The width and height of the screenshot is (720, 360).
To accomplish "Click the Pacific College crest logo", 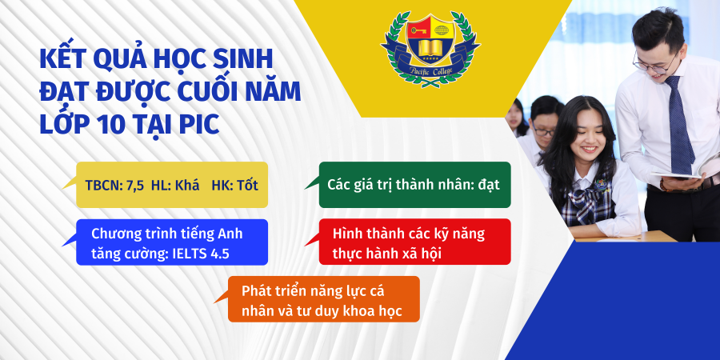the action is pos(430,49).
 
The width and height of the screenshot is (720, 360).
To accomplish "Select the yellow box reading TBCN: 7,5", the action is pos(172,185).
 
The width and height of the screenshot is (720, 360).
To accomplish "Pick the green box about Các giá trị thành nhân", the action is pos(414,185).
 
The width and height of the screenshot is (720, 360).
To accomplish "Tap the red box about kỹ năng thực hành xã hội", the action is pos(414,242).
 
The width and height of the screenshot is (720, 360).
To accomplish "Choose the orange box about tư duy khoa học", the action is pos(324,299).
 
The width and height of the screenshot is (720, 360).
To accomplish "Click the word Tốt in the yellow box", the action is pos(247,186).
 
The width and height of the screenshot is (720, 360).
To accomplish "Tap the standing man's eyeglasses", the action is pos(654,64).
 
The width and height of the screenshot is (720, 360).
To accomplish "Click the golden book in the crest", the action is pos(430,48).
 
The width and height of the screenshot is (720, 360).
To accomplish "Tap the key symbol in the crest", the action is pos(418,30).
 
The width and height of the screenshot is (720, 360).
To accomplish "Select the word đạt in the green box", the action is pos(488,185).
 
